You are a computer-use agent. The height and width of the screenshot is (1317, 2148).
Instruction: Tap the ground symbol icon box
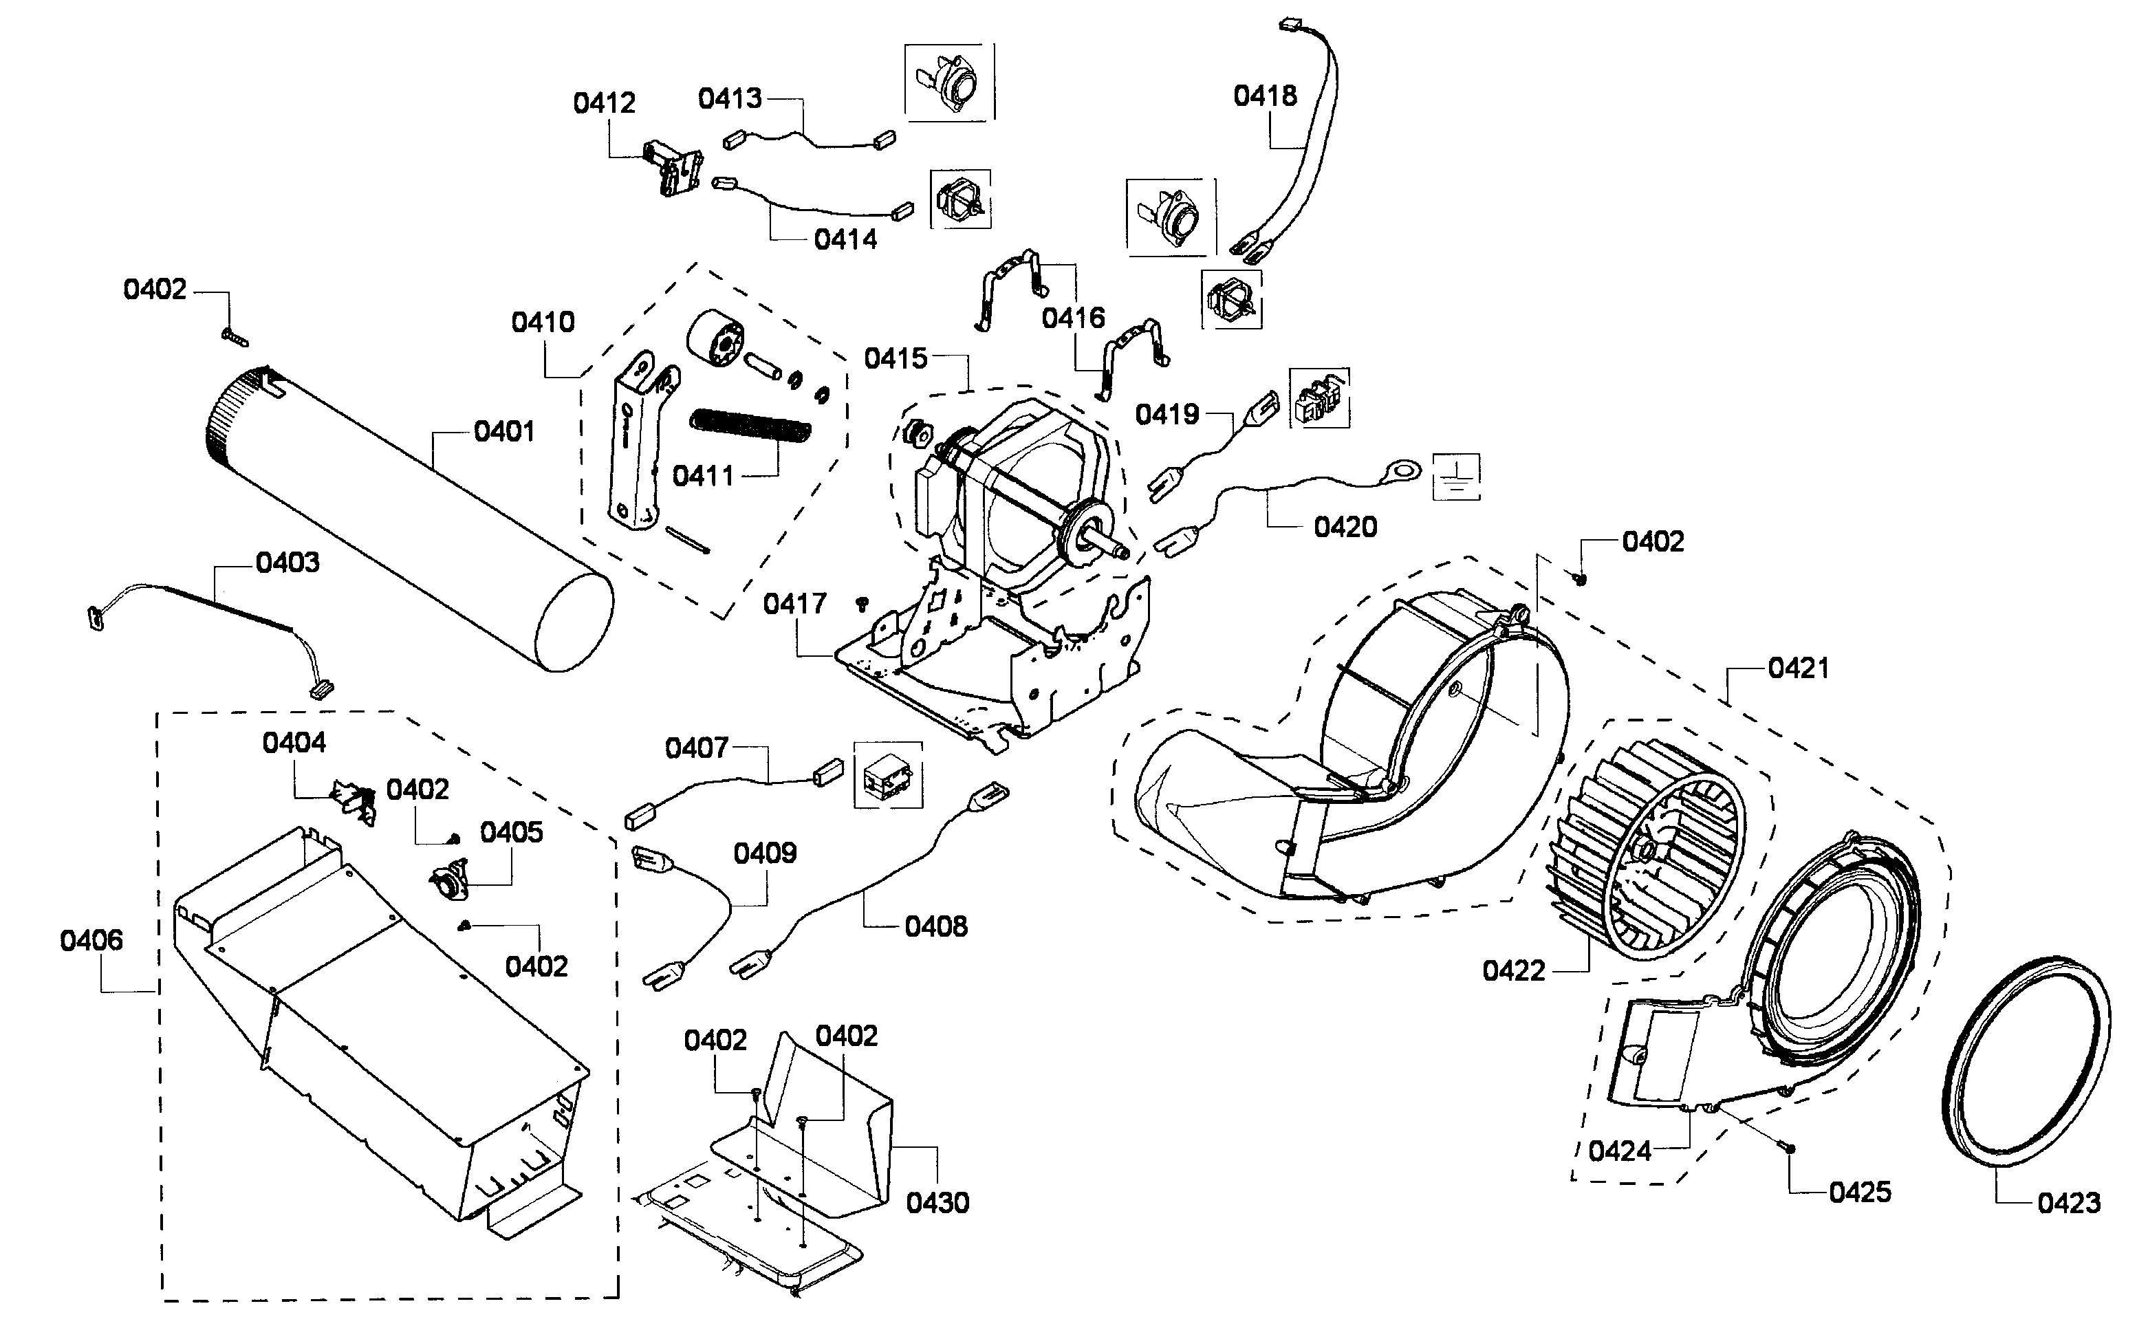[x=1456, y=477]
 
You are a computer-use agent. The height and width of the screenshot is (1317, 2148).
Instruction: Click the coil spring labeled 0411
[x=750, y=430]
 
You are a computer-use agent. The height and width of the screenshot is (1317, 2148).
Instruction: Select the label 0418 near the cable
[x=1264, y=96]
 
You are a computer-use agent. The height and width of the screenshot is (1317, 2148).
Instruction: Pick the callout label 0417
[x=794, y=603]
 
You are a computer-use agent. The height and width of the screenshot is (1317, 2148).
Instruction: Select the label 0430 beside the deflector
[x=937, y=1203]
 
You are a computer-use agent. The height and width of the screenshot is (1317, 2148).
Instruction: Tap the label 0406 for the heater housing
[x=91, y=939]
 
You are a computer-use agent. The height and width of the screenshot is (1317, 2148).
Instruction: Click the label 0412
[x=603, y=103]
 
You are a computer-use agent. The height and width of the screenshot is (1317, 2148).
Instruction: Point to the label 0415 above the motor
[x=896, y=358]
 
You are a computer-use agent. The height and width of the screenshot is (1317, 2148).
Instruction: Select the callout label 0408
[x=935, y=926]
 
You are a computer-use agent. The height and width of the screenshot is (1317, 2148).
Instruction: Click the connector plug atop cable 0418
[x=1288, y=27]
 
